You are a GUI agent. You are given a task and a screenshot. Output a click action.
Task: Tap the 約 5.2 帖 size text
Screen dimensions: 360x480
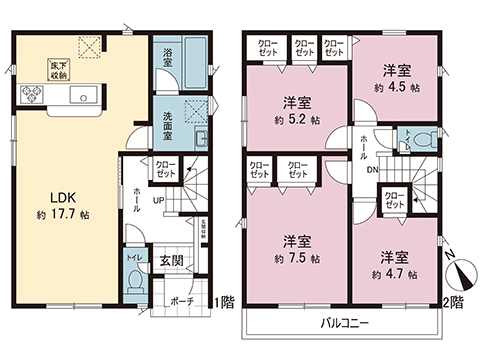tap(294, 119)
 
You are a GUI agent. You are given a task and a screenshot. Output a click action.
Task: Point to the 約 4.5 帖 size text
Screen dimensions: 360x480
tap(397, 86)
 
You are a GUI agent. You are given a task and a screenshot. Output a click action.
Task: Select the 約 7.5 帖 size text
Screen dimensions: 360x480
tap(294, 258)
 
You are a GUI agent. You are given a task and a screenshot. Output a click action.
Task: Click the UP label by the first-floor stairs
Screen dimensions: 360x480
tap(157, 200)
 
